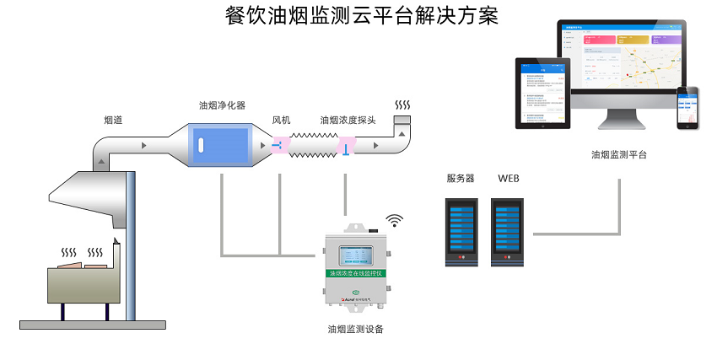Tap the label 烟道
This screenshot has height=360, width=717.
point(114,121)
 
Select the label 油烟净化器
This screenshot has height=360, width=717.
point(222,105)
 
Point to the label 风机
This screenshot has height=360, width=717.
point(281,121)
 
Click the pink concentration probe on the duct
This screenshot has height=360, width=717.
point(345,148)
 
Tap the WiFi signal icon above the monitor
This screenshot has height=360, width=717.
point(395,220)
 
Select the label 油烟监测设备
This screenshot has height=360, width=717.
point(355,329)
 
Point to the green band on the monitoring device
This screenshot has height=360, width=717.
point(355,273)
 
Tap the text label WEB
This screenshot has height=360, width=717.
point(509,179)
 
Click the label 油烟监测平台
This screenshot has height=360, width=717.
point(619,154)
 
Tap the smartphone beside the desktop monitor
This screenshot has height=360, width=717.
point(689,108)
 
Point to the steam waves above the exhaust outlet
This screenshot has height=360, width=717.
point(403,105)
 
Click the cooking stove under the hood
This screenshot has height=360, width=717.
point(84,287)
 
